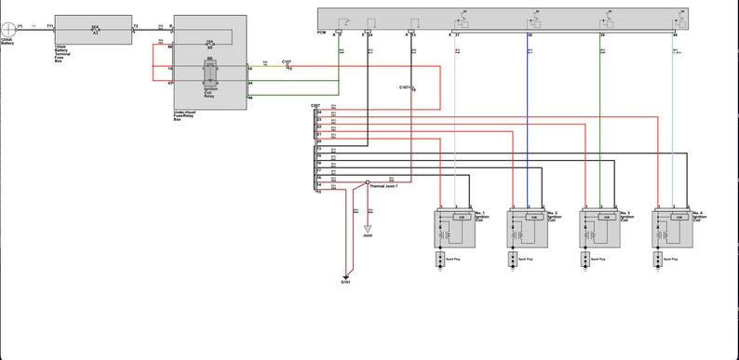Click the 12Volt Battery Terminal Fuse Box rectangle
pyautogui.click(x=93, y=29)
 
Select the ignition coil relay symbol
pyautogui.click(x=209, y=75)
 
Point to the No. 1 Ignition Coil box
pyautogui.click(x=455, y=228)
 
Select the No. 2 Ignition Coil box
pyautogui.click(x=527, y=228)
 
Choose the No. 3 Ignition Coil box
pyautogui.click(x=599, y=228)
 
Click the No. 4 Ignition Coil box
pyautogui.click(x=671, y=228)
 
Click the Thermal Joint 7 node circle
pyautogui.click(x=367, y=182)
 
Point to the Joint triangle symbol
pyautogui.click(x=367, y=228)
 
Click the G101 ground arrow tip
pyautogui.click(x=345, y=275)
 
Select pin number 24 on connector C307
pyautogui.click(x=319, y=113)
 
